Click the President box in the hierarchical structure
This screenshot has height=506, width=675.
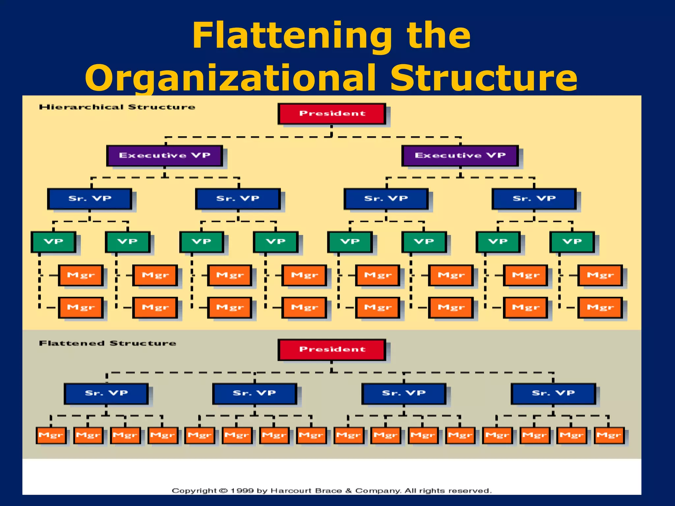click(x=332, y=114)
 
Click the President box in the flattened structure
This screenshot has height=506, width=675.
click(x=332, y=350)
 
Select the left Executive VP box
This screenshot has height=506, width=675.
click(x=164, y=155)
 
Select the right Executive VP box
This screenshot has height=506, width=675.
click(x=460, y=155)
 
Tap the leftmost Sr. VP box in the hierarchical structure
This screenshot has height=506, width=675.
click(x=90, y=199)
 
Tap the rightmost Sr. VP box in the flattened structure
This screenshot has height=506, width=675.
click(x=553, y=393)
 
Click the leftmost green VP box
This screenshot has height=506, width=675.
click(x=53, y=242)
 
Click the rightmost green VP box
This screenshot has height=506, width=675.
click(x=572, y=242)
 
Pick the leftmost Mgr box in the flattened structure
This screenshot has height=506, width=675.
click(x=51, y=436)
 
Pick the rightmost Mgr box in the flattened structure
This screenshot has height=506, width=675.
click(x=609, y=436)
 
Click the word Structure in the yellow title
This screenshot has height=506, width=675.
click(x=484, y=78)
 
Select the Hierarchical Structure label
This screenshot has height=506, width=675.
click(x=117, y=107)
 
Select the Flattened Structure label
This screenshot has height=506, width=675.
click(x=107, y=343)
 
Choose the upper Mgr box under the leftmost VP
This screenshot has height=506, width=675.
click(x=81, y=275)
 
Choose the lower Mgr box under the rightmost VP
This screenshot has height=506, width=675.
click(x=600, y=308)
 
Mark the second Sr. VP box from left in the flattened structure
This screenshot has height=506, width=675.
click(x=254, y=393)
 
